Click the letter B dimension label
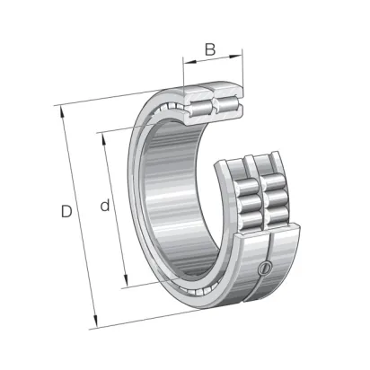[x=210, y=49]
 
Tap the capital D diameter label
[x=66, y=211]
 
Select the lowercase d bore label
[x=105, y=205]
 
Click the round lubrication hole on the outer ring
[x=265, y=268]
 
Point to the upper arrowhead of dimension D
[x=63, y=112]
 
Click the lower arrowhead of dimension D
[x=95, y=322]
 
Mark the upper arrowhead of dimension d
[x=104, y=139]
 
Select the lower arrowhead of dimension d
[x=126, y=281]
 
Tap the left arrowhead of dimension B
[x=189, y=62]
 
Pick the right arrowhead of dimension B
[x=235, y=56]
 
